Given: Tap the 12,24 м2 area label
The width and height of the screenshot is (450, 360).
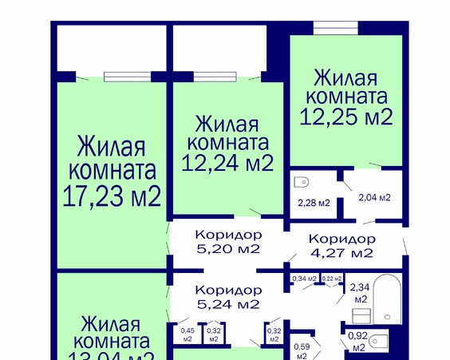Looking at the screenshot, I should tap(227, 164).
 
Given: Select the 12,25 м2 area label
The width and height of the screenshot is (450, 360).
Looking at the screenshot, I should tap(345, 117).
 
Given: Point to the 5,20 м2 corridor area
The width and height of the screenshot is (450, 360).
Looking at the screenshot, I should tap(227, 249).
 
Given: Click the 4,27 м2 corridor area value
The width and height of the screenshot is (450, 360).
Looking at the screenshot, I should tap(341, 254).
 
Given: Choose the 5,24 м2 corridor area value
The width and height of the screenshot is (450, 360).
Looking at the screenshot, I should tap(227, 304).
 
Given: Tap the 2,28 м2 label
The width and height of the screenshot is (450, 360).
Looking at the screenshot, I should tap(313, 203).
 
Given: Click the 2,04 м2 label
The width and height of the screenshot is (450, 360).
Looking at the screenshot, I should tap(373, 197).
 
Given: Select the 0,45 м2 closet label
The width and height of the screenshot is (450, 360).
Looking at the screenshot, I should tap(187, 334).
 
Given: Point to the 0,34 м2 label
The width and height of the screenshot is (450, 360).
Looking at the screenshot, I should tap(304, 279).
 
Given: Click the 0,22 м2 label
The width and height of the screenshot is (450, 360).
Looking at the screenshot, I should tap(332, 279).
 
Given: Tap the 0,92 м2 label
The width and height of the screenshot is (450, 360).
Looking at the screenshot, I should tap(357, 341).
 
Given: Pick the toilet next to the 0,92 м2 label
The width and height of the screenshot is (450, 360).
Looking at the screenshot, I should tap(381, 342).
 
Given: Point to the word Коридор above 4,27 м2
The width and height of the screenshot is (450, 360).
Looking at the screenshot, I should tap(341, 239).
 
